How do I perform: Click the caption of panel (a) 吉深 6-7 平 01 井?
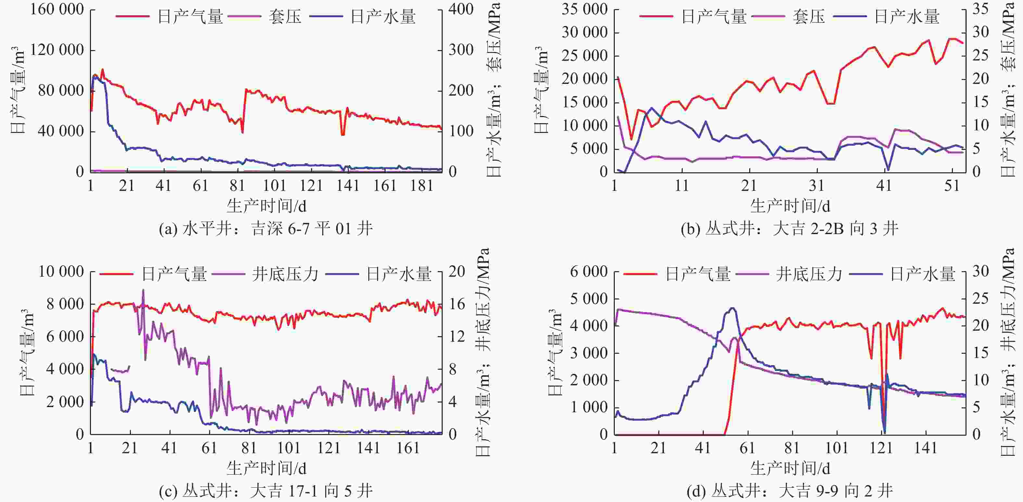coord(266,229)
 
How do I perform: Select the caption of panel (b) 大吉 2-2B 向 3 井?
coord(789,229)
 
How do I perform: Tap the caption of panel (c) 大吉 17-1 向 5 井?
coord(266,491)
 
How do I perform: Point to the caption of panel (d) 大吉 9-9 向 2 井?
coord(789,491)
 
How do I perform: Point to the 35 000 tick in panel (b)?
coord(584,9)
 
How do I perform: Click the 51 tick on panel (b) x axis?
coord(952,186)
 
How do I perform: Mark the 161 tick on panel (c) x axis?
coord(408,448)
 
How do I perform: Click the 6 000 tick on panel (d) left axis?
coord(588,272)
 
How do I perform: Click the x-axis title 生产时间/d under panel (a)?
coord(267,206)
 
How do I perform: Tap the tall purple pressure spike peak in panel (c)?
coord(143,290)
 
